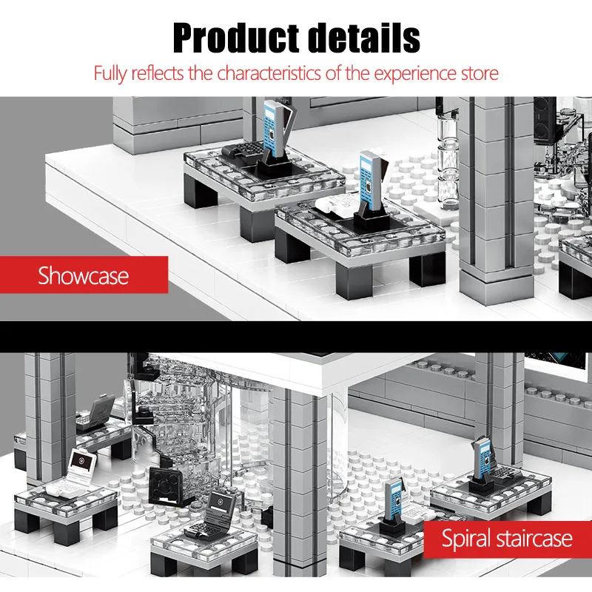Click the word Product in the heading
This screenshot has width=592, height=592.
[230, 38]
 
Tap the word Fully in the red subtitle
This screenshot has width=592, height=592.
[111, 73]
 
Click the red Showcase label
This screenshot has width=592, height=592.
[83, 276]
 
